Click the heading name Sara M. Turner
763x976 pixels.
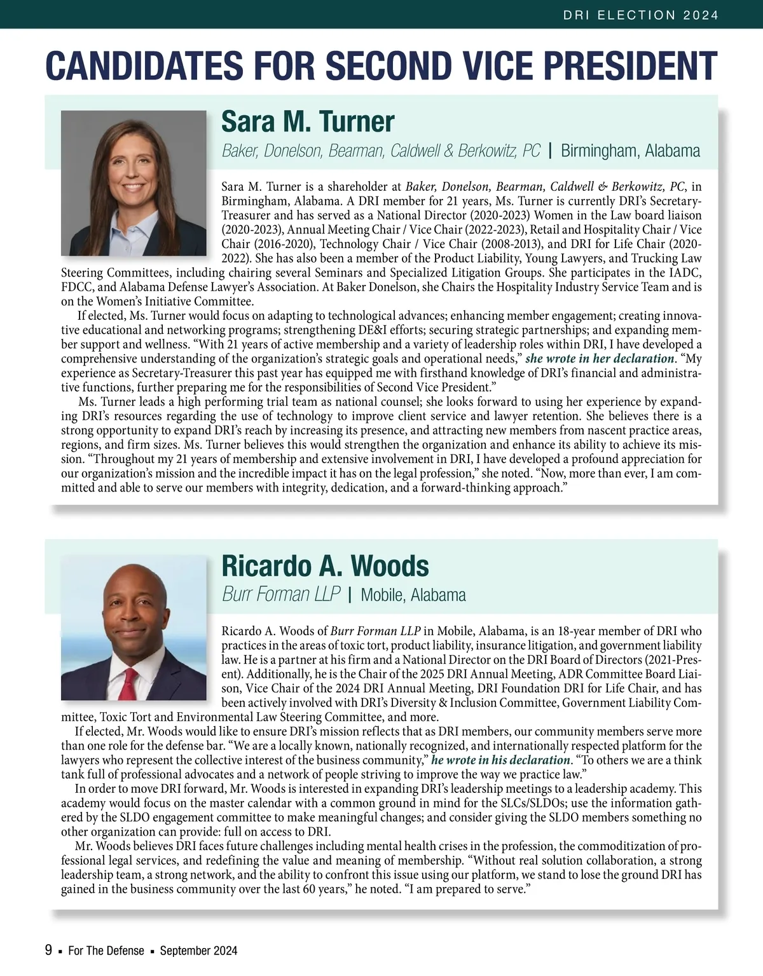click(x=308, y=121)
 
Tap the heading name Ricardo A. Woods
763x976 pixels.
click(x=325, y=566)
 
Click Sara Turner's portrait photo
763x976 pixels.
click(x=134, y=183)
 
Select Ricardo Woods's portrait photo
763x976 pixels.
click(x=134, y=628)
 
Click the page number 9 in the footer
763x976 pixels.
click(x=48, y=951)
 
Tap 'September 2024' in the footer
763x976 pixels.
click(x=198, y=951)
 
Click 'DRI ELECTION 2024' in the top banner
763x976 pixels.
click(x=641, y=15)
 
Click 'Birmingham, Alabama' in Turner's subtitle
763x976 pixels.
click(x=630, y=151)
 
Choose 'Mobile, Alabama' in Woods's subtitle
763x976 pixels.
click(x=413, y=595)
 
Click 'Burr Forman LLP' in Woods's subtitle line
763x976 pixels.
click(x=281, y=595)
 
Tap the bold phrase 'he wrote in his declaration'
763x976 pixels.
click(x=500, y=760)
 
